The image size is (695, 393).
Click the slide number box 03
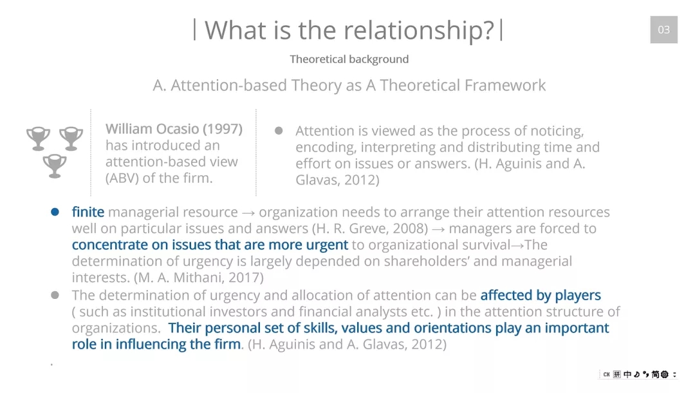pos(663,30)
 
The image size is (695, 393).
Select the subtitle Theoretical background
pos(349,59)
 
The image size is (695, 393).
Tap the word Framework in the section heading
pos(503,85)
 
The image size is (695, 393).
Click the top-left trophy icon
pos(38,139)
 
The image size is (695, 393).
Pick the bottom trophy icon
pos(55,166)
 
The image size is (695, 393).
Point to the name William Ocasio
pos(152,129)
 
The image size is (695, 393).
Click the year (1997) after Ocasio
pos(223,129)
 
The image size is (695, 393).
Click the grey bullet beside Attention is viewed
pos(279,130)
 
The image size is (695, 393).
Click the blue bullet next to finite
pos(55,212)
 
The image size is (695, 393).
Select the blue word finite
pos(88,212)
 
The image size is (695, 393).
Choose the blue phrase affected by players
pos(541,296)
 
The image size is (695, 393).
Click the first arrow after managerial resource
pos(248,213)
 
